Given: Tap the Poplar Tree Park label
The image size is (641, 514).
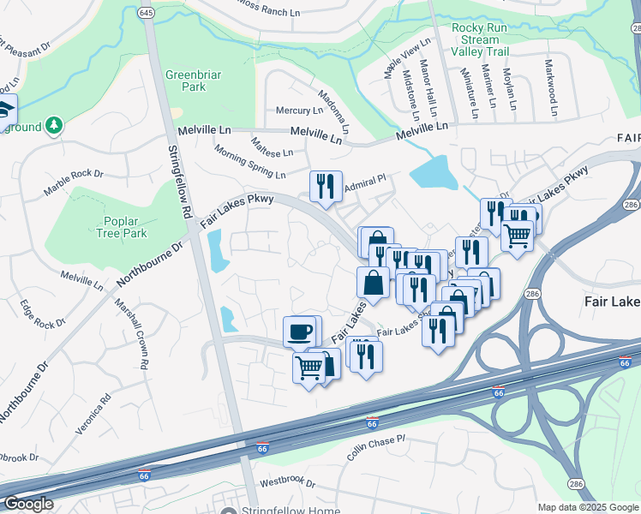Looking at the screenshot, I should click(x=121, y=227).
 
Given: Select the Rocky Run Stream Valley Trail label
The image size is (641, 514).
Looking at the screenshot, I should click(x=478, y=39).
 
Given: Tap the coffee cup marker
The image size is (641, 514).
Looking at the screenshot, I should click(x=299, y=332).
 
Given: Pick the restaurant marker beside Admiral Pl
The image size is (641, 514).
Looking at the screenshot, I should click(x=325, y=186).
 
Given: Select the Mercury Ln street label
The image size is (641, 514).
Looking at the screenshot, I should click(x=298, y=111).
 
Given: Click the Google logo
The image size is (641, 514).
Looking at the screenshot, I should click(x=28, y=504).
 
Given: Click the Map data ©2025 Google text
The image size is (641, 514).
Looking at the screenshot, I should click(x=587, y=507).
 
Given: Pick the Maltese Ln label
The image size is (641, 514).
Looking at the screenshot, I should click(x=272, y=146).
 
